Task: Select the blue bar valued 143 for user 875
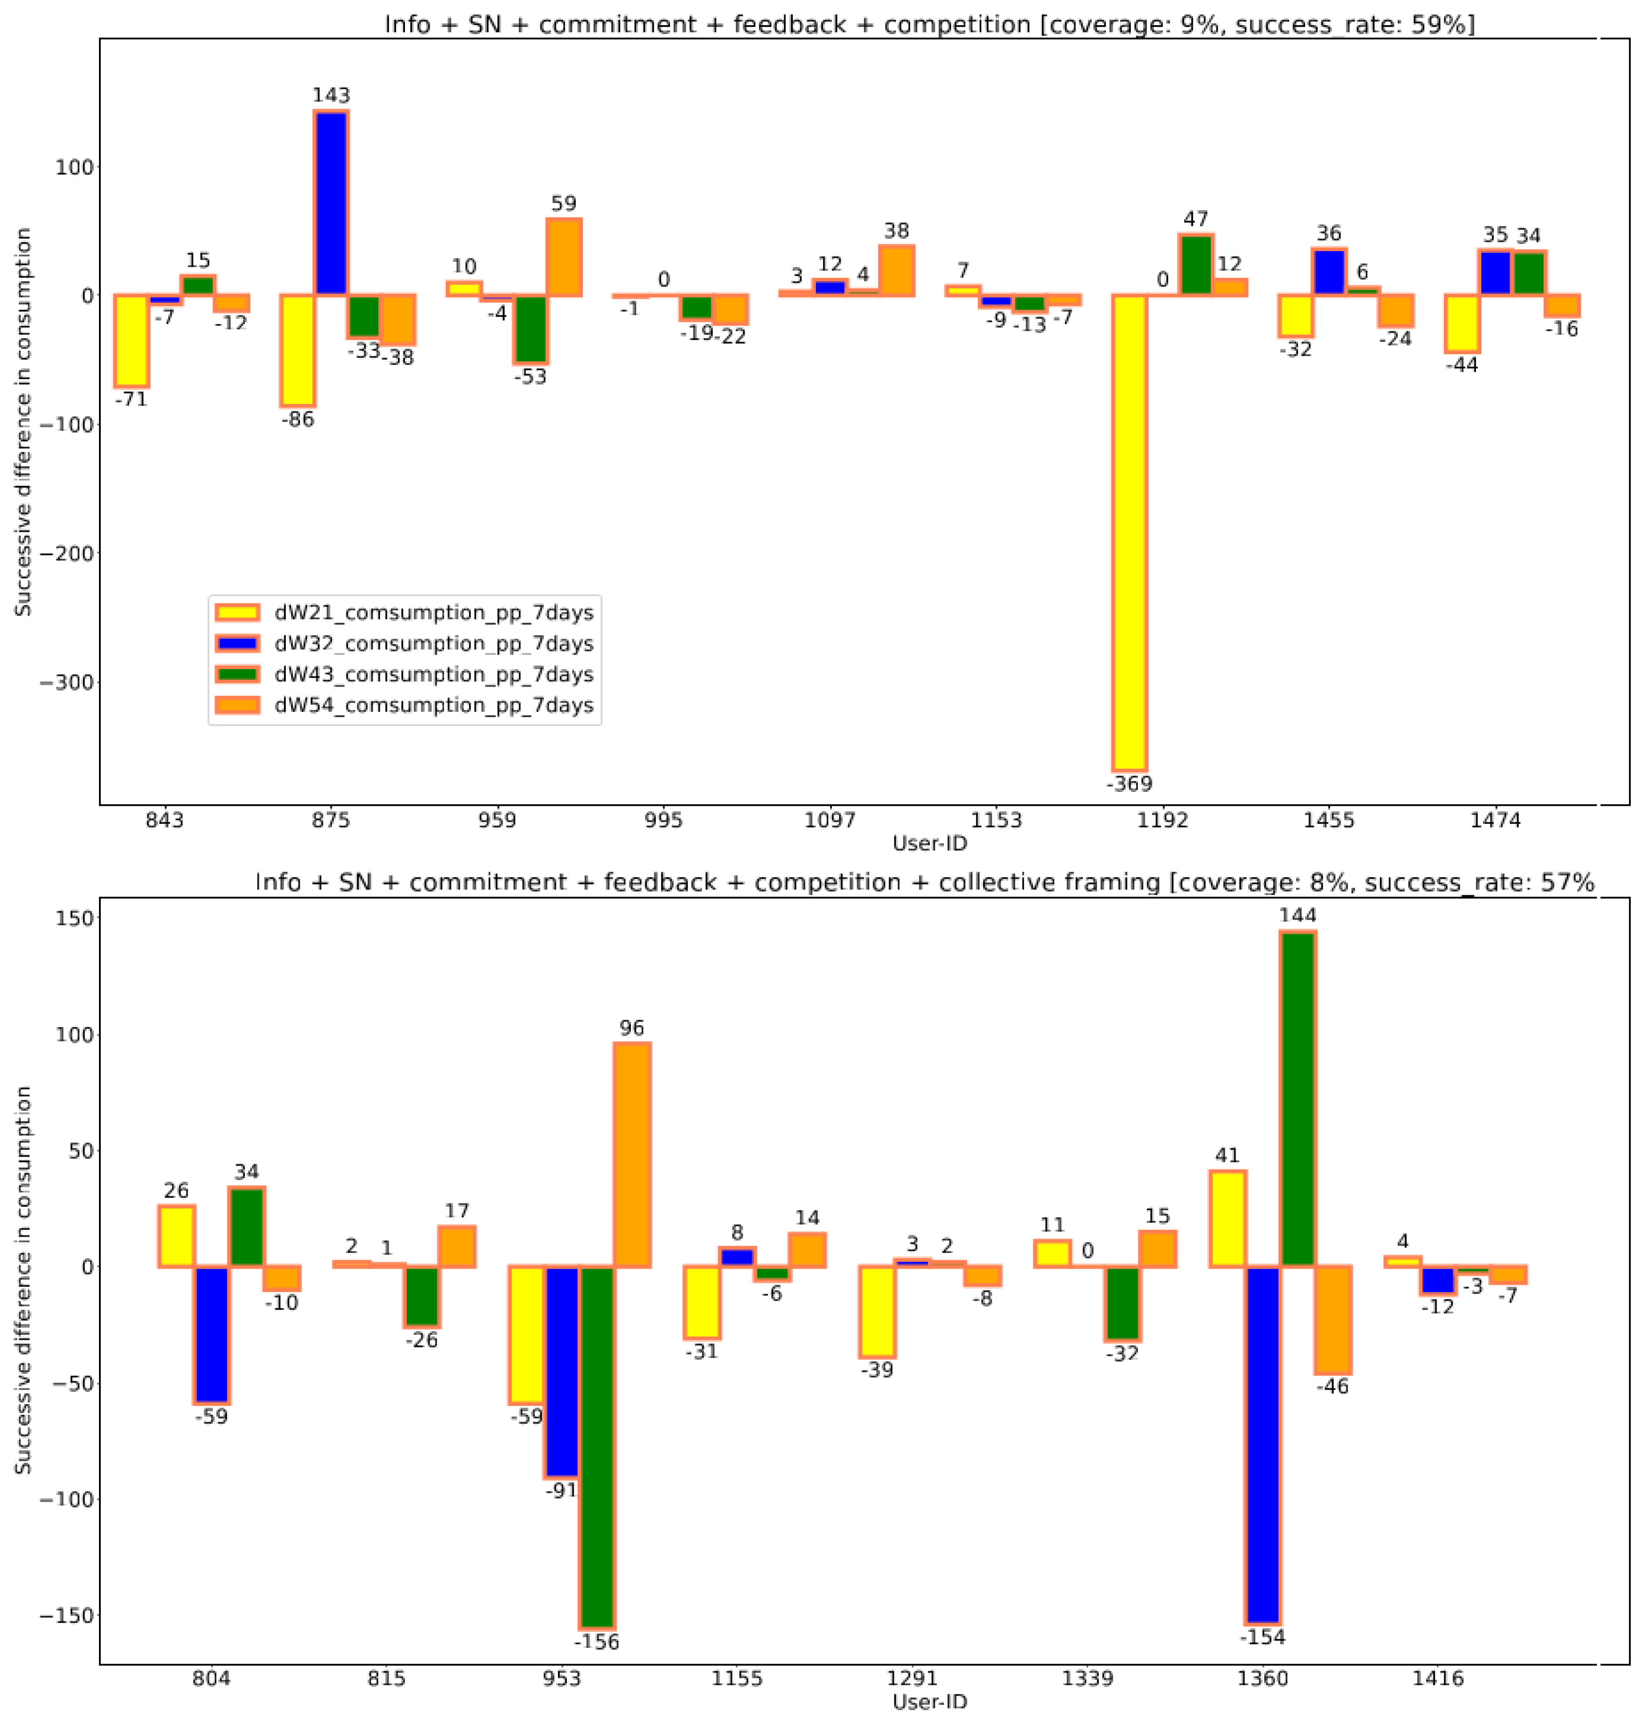(x=331, y=203)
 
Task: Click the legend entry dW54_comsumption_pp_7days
(x=433, y=705)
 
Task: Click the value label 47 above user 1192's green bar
(x=1196, y=219)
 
